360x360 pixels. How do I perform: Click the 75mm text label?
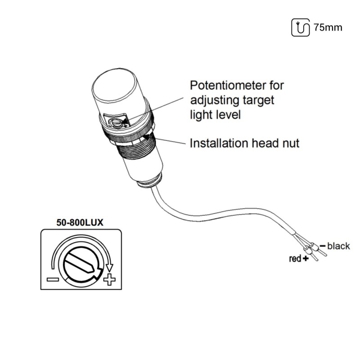[328, 27]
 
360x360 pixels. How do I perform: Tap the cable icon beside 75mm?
[301, 27]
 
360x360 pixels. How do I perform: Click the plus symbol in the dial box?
[109, 280]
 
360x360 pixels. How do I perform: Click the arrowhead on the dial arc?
[109, 268]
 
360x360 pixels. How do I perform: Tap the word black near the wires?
[338, 246]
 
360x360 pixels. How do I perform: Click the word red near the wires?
[295, 259]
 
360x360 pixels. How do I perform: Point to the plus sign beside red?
[306, 259]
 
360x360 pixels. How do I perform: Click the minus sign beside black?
[322, 246]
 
